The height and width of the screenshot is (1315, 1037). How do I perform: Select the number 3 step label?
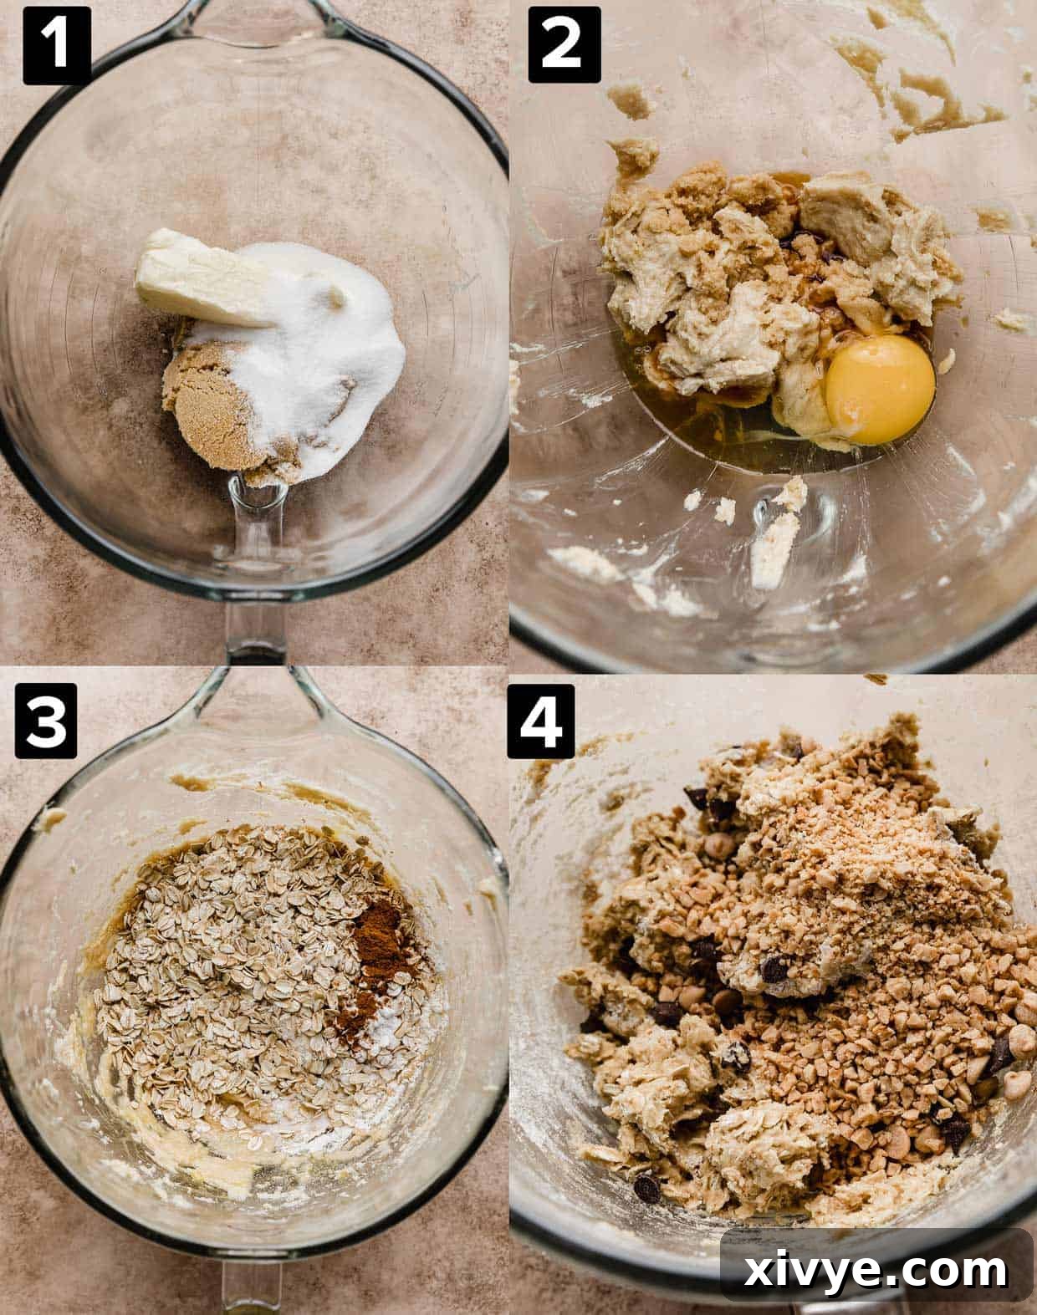click(x=45, y=722)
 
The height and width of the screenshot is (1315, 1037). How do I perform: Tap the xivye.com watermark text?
click(x=877, y=1272)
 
